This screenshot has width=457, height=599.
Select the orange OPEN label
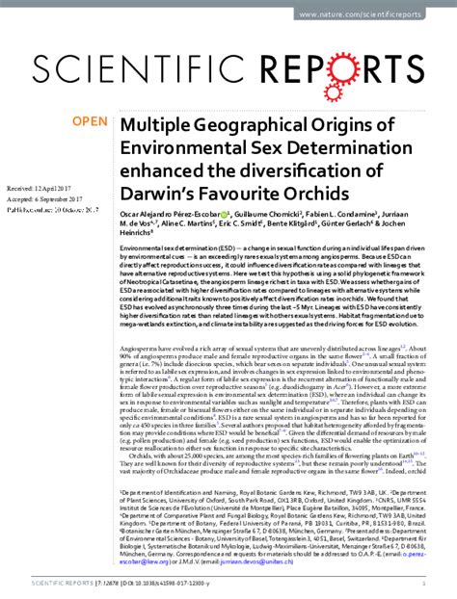tap(91, 122)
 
